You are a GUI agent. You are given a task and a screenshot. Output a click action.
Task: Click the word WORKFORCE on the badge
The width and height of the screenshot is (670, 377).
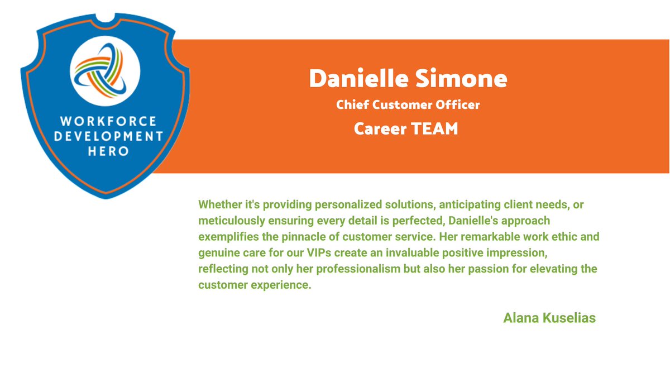click(108, 121)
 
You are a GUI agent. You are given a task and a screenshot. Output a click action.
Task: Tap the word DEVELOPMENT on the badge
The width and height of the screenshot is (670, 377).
click(107, 136)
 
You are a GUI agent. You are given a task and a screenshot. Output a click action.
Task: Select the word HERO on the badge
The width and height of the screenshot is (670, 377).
click(108, 151)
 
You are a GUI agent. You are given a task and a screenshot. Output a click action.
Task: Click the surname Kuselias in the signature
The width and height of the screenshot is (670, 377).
click(571, 318)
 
